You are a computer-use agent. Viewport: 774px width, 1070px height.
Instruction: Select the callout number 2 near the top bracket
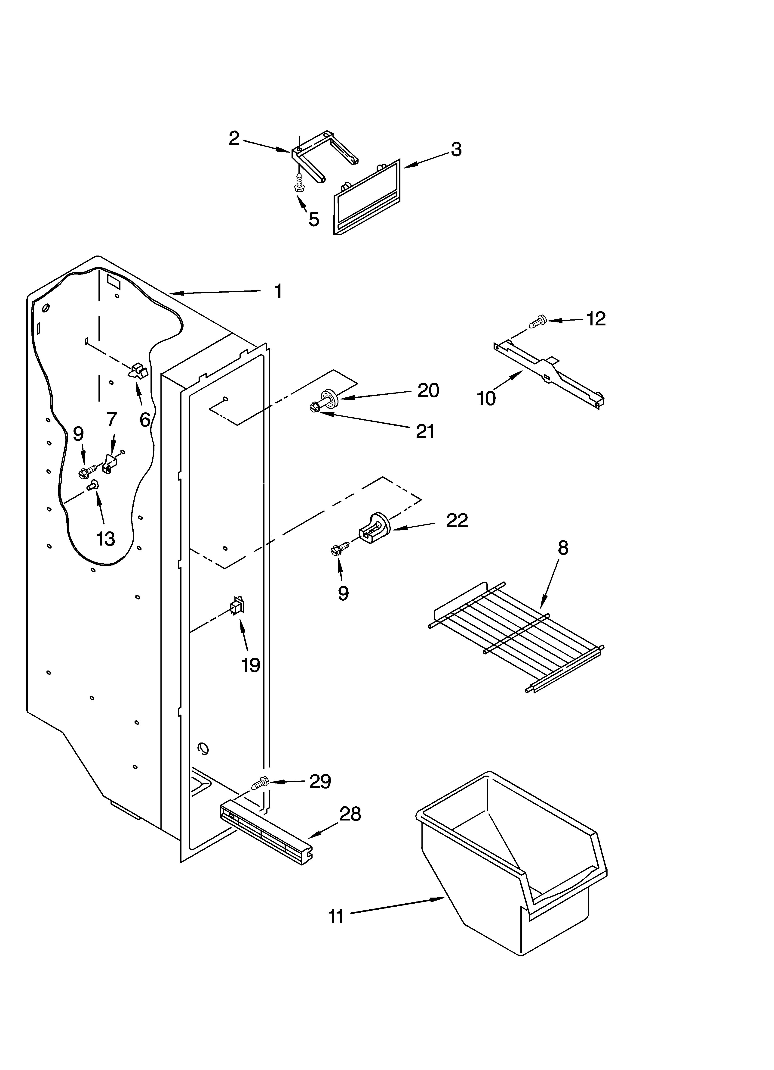pos(234,138)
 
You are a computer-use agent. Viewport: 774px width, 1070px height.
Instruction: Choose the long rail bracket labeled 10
pos(549,373)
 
